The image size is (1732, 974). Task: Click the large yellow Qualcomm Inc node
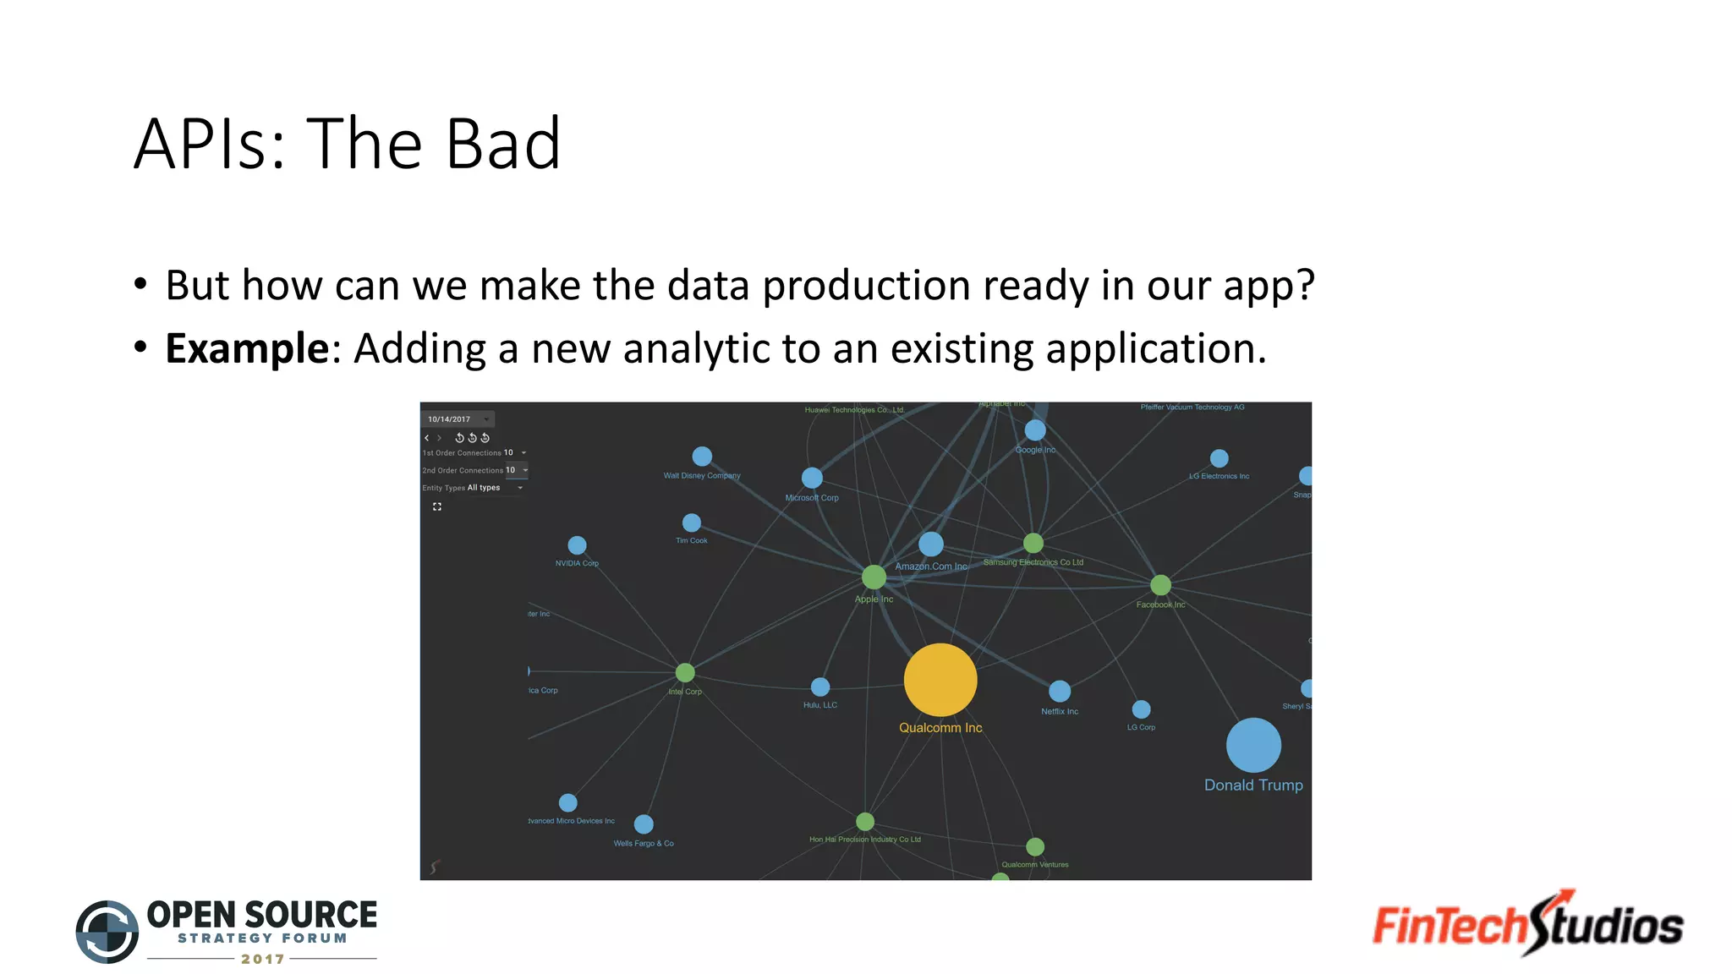940,680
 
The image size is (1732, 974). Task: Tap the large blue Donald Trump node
1253,745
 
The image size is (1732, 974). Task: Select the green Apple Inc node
874,577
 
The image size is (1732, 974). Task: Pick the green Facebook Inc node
1160,585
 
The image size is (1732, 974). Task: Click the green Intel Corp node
685,672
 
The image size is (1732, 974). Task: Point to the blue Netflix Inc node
1060,691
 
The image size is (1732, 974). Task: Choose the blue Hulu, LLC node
820,687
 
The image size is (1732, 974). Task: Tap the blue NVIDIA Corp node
577,545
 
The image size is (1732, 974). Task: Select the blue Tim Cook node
691,523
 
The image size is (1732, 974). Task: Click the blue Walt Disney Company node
702,457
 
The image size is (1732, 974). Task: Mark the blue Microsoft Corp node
812,478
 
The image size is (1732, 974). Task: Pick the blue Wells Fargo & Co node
644,824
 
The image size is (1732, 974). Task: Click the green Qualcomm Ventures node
1035,846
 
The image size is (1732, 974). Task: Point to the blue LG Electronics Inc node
1219,458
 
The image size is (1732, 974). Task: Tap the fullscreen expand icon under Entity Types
437,506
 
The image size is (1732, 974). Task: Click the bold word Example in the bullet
247,348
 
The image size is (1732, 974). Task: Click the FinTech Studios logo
1527,924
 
